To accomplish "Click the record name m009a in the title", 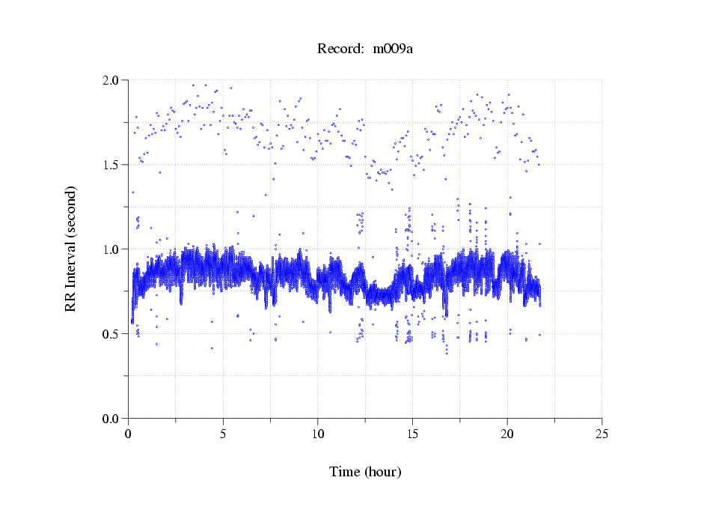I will (393, 49).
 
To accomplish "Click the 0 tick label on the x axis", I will (129, 434).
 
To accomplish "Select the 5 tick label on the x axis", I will (223, 434).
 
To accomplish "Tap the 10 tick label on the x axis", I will (318, 434).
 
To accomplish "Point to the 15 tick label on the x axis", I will (412, 434).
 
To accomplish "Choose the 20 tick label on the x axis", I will (507, 434).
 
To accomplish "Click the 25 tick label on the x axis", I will (602, 434).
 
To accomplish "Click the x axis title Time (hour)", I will (365, 473).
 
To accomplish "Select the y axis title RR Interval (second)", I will (71, 249).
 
